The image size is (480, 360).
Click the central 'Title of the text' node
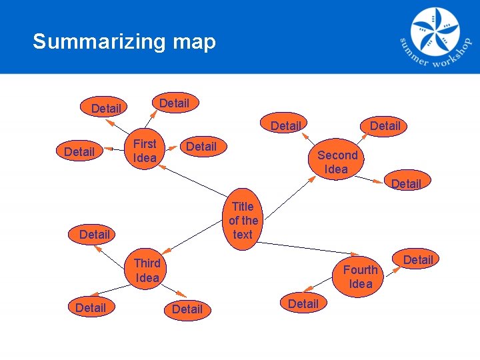click(x=243, y=221)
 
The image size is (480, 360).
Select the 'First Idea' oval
click(x=145, y=151)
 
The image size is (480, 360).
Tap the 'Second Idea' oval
click(x=337, y=162)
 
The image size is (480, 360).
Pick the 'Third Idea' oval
click(x=147, y=270)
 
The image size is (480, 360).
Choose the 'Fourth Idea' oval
click(x=360, y=277)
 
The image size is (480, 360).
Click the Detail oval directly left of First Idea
click(x=79, y=152)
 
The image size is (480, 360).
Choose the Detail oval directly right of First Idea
click(x=201, y=147)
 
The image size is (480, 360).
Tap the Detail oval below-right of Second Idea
click(x=407, y=183)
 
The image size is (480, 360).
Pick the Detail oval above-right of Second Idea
click(x=385, y=126)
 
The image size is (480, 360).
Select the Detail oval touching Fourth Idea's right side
click(x=418, y=260)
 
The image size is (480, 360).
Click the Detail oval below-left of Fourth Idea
click(x=303, y=304)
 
